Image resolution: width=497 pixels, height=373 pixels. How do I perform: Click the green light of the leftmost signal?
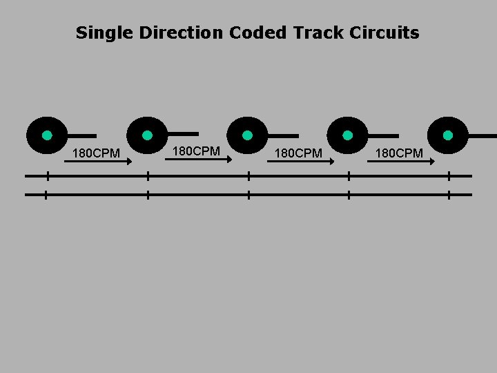click(47, 135)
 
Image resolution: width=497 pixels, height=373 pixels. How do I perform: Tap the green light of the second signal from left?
click(147, 135)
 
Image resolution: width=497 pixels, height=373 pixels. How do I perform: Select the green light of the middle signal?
click(247, 135)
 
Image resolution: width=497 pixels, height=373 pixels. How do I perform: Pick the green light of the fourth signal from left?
click(347, 135)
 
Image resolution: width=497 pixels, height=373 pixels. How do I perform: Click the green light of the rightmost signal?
click(448, 135)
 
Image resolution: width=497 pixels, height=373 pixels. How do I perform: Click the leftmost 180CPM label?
click(97, 153)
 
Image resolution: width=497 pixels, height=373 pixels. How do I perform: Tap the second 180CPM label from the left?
click(196, 151)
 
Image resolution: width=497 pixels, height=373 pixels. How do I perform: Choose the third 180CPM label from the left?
click(298, 153)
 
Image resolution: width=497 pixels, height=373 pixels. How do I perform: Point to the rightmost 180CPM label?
click(399, 153)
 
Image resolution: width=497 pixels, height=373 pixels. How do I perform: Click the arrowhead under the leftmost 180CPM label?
click(128, 162)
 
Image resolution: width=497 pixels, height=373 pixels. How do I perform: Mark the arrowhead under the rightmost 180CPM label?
click(431, 162)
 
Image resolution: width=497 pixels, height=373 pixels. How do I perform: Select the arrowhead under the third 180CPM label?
click(331, 162)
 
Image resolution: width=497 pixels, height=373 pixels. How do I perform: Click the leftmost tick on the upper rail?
click(47, 176)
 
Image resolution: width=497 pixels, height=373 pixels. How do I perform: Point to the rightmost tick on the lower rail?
click(449, 195)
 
